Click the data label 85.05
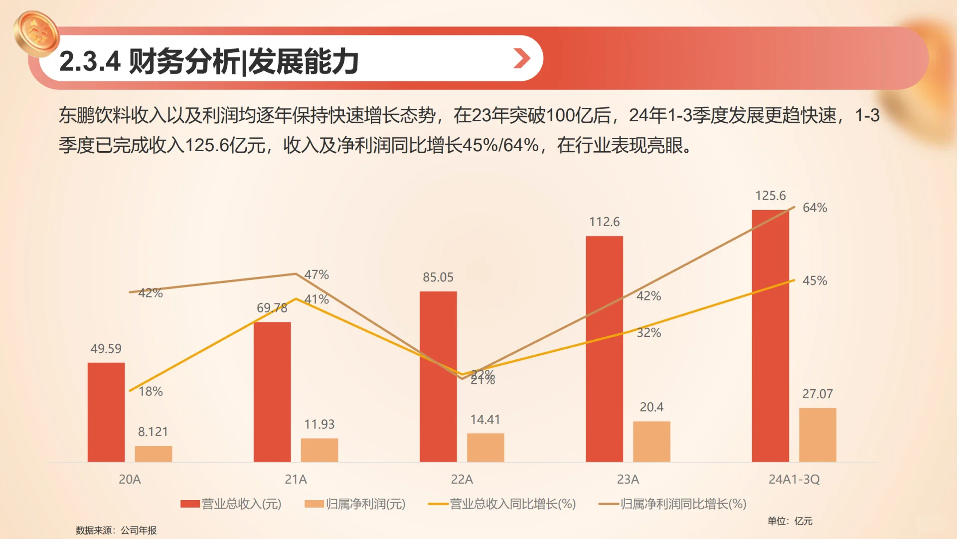coord(438,277)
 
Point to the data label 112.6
coord(604,222)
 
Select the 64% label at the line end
coord(814,208)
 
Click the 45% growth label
coord(814,281)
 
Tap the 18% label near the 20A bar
coord(151,392)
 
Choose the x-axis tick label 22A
coord(462,480)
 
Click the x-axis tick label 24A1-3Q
coord(794,480)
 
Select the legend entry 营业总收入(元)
coord(231,504)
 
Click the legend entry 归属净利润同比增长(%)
coord(673,504)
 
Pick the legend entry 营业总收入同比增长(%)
coord(502,504)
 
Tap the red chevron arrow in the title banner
coord(521,58)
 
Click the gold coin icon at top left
coord(36,33)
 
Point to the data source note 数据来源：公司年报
coord(116,530)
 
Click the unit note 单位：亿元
coord(790,521)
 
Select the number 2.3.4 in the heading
coord(90,62)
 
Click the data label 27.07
coord(817,394)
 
